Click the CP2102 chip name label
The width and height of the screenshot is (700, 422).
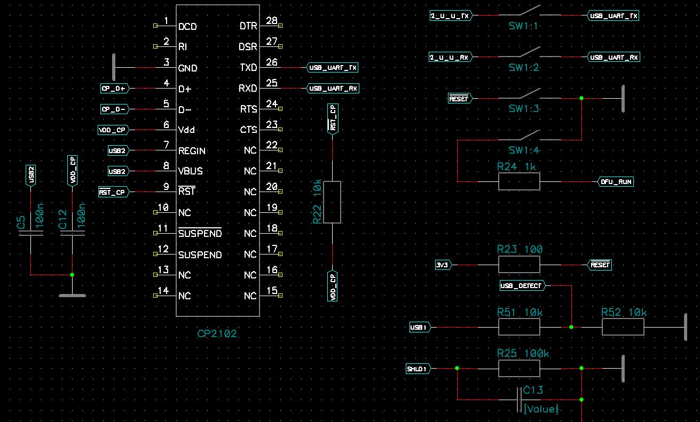(x=217, y=334)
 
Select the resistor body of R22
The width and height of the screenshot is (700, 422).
(x=332, y=202)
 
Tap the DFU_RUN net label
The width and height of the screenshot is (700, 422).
(x=616, y=182)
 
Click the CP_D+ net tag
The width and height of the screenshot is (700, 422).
(x=114, y=89)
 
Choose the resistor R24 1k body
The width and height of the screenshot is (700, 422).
(x=519, y=182)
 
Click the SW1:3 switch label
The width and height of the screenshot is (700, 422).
(x=524, y=109)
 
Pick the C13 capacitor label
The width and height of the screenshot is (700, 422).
(x=533, y=390)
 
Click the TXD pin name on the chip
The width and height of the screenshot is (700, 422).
(x=248, y=68)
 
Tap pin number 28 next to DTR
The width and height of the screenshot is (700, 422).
(x=271, y=21)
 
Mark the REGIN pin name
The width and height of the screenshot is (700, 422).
(x=192, y=151)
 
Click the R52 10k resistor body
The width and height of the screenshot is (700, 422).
(x=623, y=327)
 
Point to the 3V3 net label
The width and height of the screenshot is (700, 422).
(x=442, y=265)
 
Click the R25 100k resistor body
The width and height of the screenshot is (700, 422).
(x=519, y=369)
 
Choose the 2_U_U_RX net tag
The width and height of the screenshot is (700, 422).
(x=450, y=57)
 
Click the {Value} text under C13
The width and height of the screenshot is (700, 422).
(x=541, y=409)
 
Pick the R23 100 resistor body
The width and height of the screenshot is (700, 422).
(x=519, y=265)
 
